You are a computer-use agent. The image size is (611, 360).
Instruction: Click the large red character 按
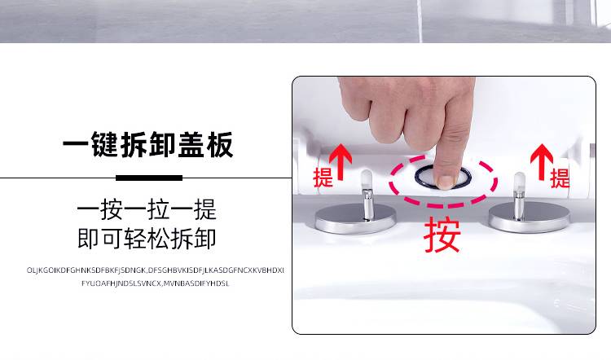442,235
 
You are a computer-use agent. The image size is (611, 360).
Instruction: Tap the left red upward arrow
341,162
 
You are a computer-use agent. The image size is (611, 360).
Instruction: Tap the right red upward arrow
542,162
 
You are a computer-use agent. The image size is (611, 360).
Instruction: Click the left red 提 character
323,178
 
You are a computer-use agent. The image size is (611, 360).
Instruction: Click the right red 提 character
560,178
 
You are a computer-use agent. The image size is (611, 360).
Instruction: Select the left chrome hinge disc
355,218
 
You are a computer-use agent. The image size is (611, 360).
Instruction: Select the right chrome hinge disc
530,217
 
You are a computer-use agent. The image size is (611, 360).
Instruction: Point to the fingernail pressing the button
446,182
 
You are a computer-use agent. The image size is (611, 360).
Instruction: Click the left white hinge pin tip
367,179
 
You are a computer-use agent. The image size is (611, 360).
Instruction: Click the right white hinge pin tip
520,181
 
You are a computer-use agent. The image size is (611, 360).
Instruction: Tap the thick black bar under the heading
149,178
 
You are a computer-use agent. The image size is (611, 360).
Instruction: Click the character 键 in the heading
105,144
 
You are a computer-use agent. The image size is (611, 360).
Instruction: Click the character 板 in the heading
220,144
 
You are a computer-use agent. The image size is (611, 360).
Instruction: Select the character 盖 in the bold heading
191,144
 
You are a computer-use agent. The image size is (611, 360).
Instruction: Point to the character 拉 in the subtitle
159,209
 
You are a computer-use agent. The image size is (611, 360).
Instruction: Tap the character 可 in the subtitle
112,239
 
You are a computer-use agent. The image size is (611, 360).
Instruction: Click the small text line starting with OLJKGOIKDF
155,270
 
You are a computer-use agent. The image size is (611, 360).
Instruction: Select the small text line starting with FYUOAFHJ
155,283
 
